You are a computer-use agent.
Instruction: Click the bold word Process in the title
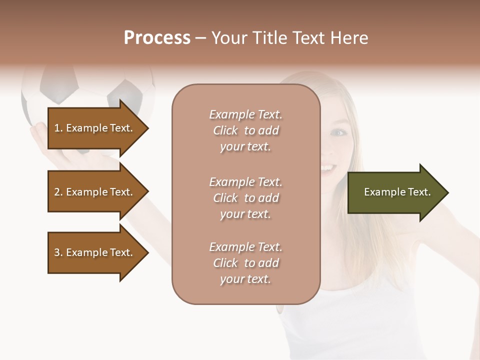coord(157,38)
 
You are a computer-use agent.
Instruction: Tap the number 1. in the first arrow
coord(58,128)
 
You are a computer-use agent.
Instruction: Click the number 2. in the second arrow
coord(58,192)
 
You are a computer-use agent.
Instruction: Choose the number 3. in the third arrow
coord(58,252)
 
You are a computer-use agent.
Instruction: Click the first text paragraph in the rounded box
coord(245,130)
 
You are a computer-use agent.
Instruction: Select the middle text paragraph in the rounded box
coord(245,198)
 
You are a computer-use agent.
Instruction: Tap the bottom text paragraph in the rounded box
coord(245,263)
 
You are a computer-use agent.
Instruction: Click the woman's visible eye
coord(339,132)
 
